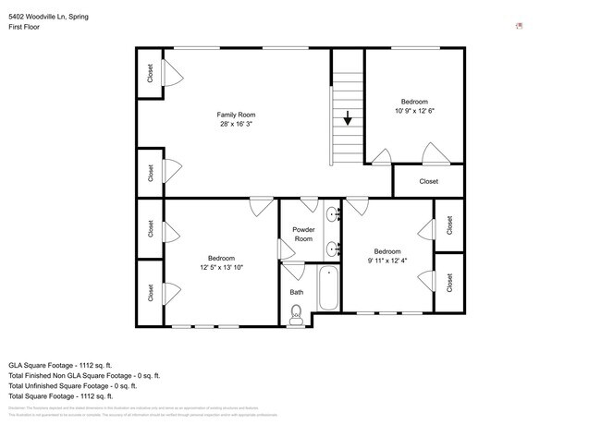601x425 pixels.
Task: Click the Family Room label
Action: (236, 115)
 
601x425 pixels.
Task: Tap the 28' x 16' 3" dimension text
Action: (236, 124)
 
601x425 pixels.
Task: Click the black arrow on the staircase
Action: (348, 118)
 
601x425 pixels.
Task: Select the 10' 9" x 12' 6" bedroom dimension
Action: (414, 110)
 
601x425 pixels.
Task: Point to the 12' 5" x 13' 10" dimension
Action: (221, 267)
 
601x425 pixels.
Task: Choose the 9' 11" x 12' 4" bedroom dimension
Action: (386, 261)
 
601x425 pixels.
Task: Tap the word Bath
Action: (296, 292)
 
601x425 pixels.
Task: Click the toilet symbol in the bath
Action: (296, 315)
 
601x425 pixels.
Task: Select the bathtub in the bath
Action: (328, 289)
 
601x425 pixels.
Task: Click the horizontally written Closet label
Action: (428, 181)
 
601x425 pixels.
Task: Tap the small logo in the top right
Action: (520, 26)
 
